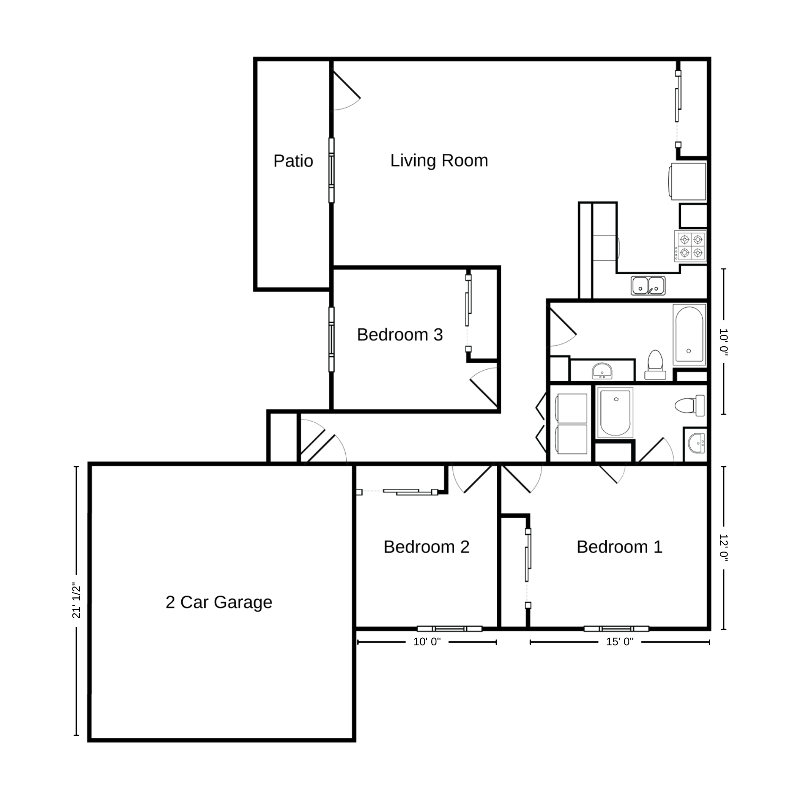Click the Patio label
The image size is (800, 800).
(x=293, y=161)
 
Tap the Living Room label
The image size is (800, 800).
(x=439, y=160)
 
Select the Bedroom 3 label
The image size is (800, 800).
(x=400, y=335)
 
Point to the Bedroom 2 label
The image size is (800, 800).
(x=426, y=547)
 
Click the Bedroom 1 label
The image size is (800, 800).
(x=620, y=547)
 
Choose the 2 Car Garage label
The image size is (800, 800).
(x=219, y=602)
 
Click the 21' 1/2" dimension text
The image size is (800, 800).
(x=76, y=601)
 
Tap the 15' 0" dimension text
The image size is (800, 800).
(x=620, y=642)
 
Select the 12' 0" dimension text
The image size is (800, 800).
(x=724, y=548)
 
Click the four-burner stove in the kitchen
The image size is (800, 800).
(x=690, y=246)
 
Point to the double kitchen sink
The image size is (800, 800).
(x=648, y=286)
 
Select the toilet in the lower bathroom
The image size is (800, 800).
(x=689, y=405)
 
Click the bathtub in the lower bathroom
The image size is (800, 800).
(x=616, y=413)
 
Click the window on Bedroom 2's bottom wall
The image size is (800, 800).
(x=449, y=628)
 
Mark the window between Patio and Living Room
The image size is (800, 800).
(x=332, y=170)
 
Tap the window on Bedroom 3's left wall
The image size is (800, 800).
(x=332, y=339)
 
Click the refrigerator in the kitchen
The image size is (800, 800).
(x=688, y=181)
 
